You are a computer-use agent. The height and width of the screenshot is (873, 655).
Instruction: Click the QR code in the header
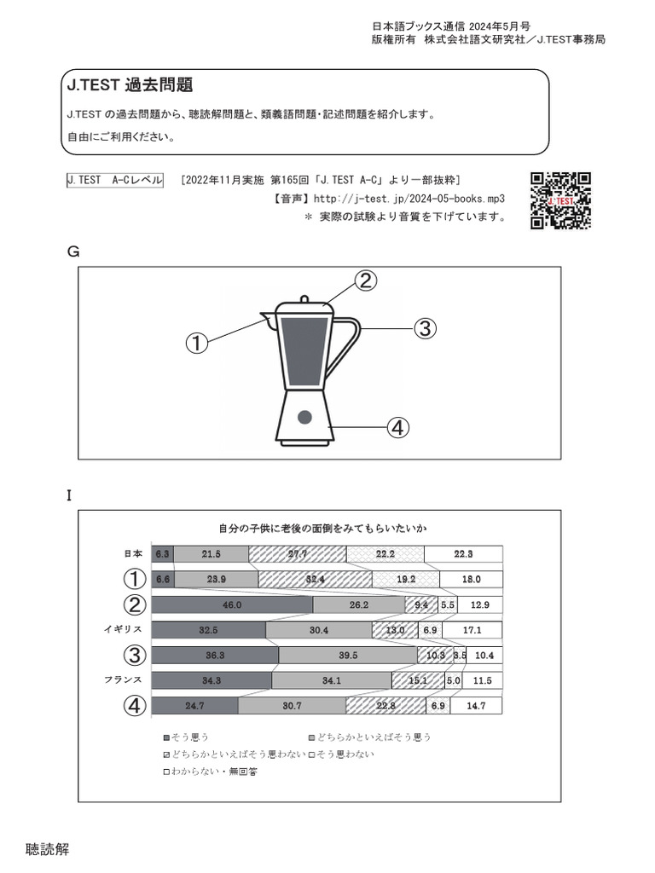pos(560,200)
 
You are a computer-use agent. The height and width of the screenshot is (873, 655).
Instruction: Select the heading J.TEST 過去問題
pos(129,85)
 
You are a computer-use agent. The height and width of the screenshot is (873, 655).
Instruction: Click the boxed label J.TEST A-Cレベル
pos(114,180)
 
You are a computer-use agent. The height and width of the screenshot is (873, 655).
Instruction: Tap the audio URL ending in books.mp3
pos(409,198)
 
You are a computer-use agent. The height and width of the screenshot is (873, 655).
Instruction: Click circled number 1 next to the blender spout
pos(197,344)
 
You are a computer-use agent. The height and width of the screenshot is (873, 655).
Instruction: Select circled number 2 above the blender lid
pos(364,280)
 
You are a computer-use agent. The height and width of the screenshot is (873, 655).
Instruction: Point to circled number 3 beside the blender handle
pos(425,327)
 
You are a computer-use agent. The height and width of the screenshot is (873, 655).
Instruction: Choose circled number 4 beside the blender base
pos(397,427)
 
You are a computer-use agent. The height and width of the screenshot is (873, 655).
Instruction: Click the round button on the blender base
pos(304,417)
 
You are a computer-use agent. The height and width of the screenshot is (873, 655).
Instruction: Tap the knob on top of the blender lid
pos(304,298)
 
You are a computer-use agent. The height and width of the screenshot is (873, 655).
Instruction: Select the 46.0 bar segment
pos(232,604)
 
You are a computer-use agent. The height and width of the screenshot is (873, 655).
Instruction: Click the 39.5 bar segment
pos(347,655)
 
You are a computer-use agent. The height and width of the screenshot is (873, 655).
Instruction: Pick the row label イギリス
pos(121,629)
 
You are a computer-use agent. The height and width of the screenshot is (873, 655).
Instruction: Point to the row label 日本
pos(130,553)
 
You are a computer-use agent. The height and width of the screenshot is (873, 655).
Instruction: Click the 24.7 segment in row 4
pos(194,706)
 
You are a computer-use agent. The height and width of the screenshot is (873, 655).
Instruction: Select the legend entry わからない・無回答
pos(209,772)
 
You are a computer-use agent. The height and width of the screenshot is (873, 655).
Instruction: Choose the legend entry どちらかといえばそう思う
pos(369,737)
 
